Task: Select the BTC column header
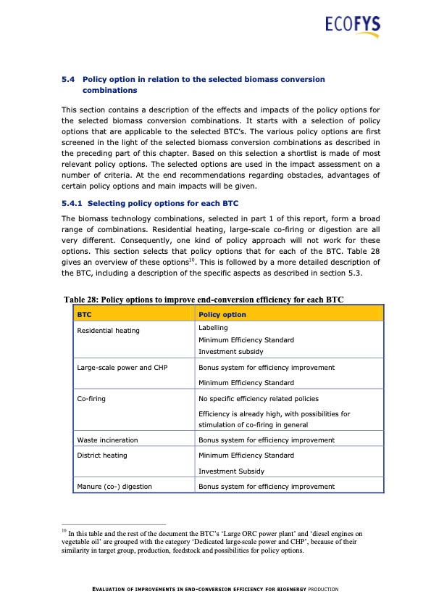coord(84,315)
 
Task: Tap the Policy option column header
coord(222,315)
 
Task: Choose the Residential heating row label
coord(108,331)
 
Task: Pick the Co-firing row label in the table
coord(92,398)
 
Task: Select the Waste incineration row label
coord(107,440)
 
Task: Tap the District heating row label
coord(101,456)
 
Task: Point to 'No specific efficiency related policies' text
coord(258,398)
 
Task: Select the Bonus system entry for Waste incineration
coord(266,440)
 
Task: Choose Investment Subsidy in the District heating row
coord(231,471)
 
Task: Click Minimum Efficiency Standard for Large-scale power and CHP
coord(246,382)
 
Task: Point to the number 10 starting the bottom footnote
coord(64,532)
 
